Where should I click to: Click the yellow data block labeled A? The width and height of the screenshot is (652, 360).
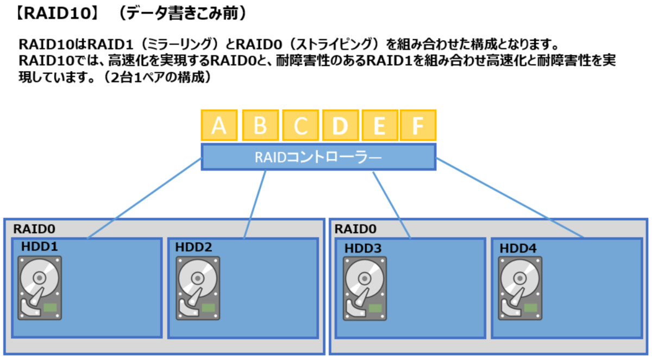[219, 126]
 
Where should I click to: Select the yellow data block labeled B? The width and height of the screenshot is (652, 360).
[259, 126]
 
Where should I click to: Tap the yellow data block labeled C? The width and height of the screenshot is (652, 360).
[299, 126]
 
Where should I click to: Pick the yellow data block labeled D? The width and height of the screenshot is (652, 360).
[340, 126]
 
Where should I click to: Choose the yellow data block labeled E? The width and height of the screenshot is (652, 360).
[379, 126]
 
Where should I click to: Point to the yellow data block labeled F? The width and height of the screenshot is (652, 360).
[418, 126]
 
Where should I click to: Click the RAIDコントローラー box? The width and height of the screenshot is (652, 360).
[318, 157]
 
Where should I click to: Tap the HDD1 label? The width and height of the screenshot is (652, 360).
[40, 247]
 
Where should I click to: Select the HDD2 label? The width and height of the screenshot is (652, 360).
[193, 247]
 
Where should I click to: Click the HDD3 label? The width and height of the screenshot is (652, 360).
[363, 248]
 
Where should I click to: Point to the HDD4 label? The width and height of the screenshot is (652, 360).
[518, 248]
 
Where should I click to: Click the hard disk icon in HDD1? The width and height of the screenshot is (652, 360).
[40, 288]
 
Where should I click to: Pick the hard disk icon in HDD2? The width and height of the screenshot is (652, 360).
[198, 288]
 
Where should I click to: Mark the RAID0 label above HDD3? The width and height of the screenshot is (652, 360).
[353, 229]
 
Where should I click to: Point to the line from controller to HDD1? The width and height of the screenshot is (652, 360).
[144, 198]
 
